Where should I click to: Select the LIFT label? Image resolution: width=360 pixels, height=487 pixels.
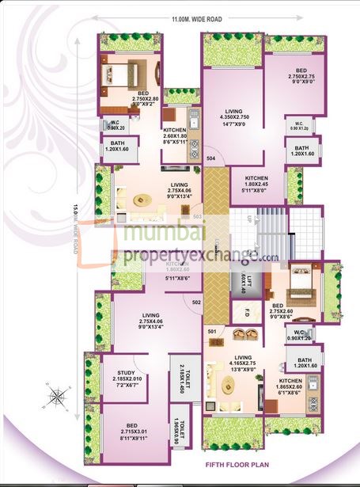click(x=248, y=280)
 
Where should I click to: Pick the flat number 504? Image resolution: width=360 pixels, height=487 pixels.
click(x=211, y=158)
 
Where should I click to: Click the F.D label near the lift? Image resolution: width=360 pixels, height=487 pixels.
click(x=246, y=311)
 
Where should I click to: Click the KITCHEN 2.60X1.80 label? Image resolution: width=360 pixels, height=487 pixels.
click(x=174, y=135)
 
